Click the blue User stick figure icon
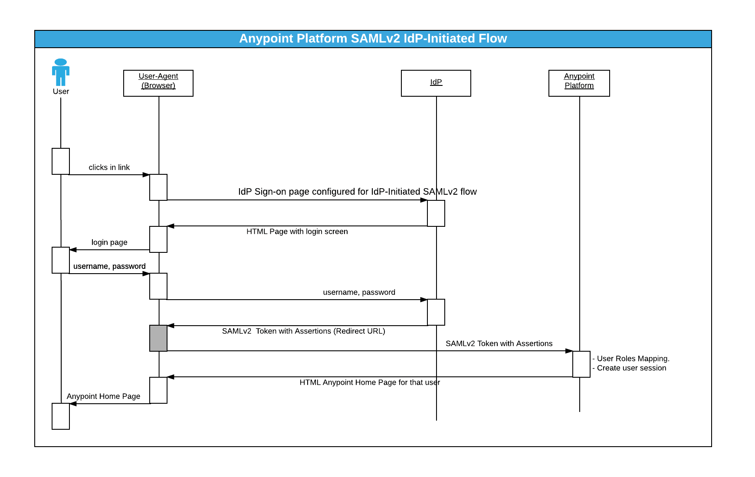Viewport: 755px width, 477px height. point(61,72)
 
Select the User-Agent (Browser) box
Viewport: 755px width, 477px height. point(158,83)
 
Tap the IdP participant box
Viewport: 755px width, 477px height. point(436,83)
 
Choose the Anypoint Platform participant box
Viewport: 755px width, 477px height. point(579,83)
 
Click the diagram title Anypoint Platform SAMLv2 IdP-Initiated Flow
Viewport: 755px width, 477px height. point(373,39)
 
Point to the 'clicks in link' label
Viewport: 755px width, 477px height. point(109,167)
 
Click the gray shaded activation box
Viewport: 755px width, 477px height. point(158,338)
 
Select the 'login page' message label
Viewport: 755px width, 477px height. point(109,242)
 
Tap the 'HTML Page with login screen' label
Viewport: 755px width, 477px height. point(297,232)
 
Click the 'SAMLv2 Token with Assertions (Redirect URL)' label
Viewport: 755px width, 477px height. point(303,331)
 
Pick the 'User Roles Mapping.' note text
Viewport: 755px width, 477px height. point(633,359)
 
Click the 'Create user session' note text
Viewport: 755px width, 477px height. point(631,368)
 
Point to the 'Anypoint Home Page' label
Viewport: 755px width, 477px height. point(103,396)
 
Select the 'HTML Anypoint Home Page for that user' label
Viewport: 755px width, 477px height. point(369,382)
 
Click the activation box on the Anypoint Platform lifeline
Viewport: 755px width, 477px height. point(581,364)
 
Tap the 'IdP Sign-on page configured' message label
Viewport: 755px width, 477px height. point(357,192)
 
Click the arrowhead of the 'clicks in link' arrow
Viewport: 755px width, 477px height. point(146,175)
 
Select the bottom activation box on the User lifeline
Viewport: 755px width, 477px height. point(61,416)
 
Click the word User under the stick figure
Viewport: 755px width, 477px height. point(61,91)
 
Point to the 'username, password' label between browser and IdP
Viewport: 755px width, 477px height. point(359,292)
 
